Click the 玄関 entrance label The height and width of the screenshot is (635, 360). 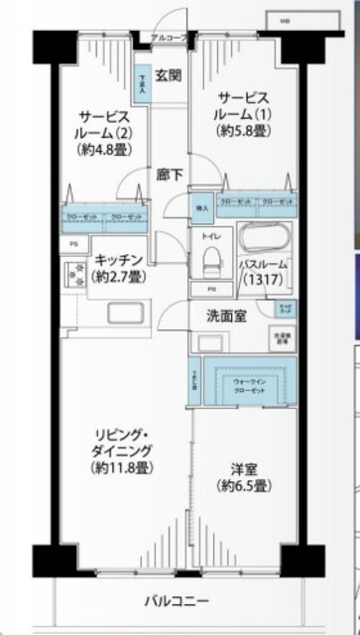point(168,75)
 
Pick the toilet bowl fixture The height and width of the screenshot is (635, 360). point(211,260)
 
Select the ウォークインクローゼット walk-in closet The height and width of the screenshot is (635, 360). point(246,384)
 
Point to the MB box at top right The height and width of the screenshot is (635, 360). point(286,20)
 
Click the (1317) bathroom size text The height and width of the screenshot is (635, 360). point(262,281)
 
